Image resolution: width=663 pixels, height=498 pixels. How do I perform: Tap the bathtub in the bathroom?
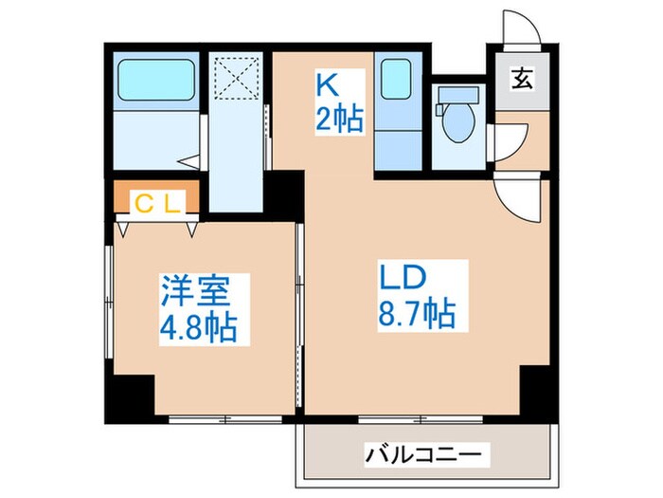tap(155, 76)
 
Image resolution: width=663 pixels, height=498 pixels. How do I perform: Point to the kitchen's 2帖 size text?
tap(339, 121)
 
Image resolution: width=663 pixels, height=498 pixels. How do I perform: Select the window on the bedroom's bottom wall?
tap(224, 418)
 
